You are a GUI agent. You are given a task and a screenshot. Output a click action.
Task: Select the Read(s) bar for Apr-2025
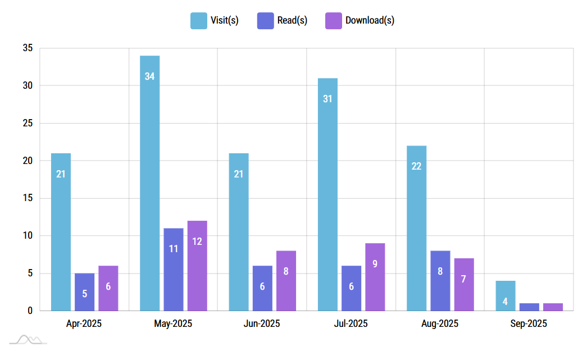(x=84, y=292)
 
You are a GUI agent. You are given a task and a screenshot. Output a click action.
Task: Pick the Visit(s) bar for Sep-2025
(x=505, y=295)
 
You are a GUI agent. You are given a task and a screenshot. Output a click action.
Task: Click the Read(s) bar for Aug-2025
(x=440, y=281)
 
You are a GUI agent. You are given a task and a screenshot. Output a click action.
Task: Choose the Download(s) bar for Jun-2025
(x=286, y=281)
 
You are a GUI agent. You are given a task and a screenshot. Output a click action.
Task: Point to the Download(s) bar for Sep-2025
(x=553, y=307)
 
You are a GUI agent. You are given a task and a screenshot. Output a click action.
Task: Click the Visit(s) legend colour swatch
(x=199, y=21)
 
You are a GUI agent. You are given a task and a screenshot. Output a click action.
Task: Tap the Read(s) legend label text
(x=292, y=21)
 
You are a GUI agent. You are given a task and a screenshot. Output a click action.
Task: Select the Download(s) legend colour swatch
(x=334, y=21)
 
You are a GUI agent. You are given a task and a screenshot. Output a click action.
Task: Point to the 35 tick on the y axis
(x=28, y=48)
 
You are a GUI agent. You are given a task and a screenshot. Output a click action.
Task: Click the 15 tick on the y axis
(x=28, y=198)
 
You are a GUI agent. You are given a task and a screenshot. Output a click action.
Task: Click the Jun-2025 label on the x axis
(x=262, y=323)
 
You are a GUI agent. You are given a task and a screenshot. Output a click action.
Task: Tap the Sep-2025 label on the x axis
(x=529, y=323)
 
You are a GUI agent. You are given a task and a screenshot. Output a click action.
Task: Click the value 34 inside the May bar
(x=149, y=76)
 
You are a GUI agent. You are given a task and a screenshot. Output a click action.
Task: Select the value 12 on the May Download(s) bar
(x=197, y=241)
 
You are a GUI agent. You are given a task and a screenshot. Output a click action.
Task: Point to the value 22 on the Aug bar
(x=416, y=166)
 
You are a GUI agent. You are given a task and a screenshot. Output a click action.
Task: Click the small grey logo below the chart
(x=28, y=339)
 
